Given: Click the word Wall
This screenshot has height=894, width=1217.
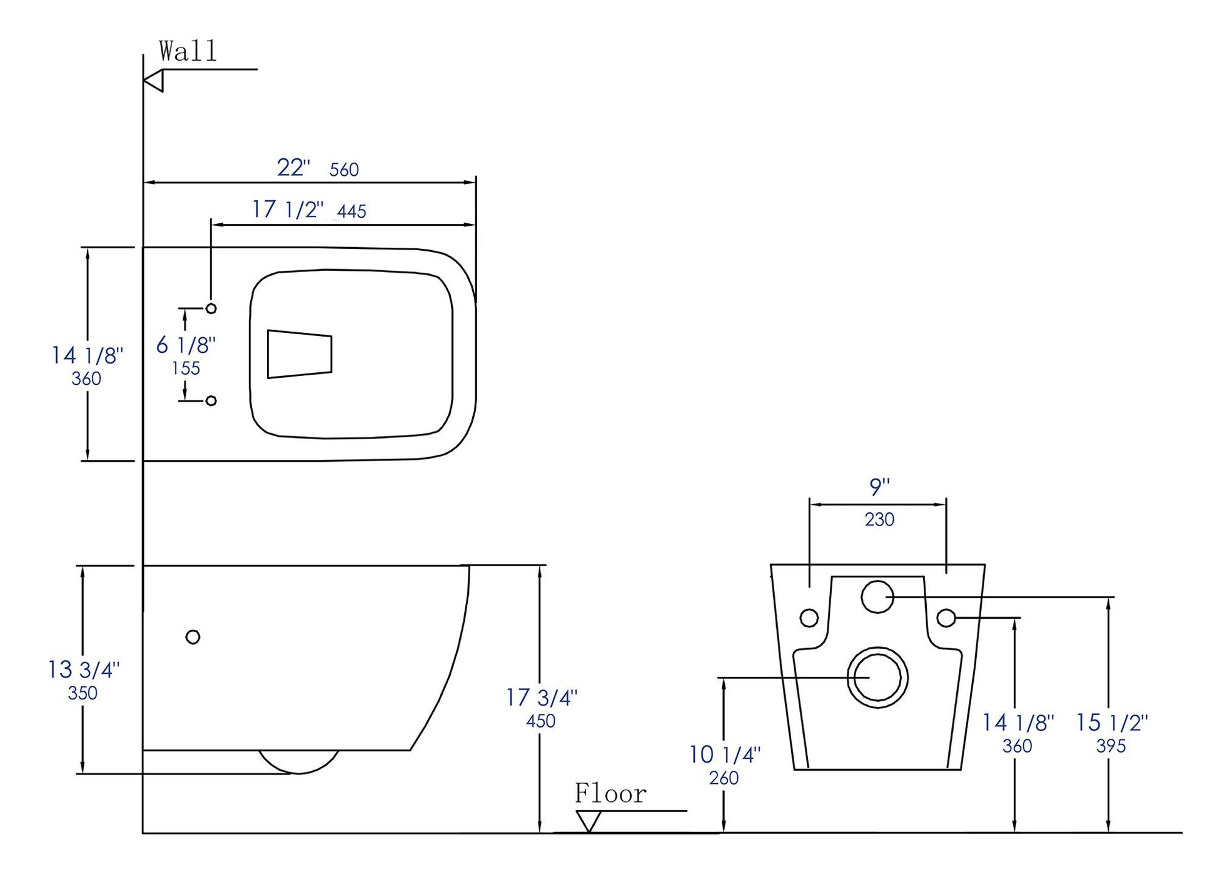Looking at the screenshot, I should point(188,51).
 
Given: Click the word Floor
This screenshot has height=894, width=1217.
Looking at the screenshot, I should point(610,794).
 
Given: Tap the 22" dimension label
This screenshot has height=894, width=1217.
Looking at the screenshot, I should point(293,168).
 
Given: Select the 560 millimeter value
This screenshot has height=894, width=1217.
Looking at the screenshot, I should point(344,170).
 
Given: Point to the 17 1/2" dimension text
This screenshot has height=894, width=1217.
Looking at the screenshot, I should point(288,210).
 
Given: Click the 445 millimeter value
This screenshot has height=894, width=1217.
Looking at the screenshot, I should point(351,211).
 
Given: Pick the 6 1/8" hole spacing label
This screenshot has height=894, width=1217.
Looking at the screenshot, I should point(186,345).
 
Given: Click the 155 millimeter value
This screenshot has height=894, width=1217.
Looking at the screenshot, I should point(186,368).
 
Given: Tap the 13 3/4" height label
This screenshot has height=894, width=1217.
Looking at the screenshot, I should point(83,670).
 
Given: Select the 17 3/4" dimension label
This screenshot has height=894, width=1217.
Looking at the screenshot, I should point(542,698).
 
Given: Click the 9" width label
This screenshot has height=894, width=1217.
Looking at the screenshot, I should point(879,486).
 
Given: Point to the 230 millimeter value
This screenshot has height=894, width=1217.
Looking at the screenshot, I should point(879,519).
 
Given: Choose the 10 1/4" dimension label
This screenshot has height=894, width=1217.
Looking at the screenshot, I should point(724,754).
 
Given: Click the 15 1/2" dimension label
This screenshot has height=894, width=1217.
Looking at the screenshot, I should point(1111,723).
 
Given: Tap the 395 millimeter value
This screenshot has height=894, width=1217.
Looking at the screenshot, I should point(1111,746).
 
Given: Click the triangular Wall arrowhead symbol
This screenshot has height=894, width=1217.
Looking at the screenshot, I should point(154,81).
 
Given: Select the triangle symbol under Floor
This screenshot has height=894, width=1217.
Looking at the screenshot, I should point(588,820).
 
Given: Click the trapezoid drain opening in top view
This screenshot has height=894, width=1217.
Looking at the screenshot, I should point(299,354).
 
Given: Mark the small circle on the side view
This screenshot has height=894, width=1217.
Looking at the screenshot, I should point(193,637).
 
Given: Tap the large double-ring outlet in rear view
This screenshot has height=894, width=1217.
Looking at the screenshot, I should point(877,678).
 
